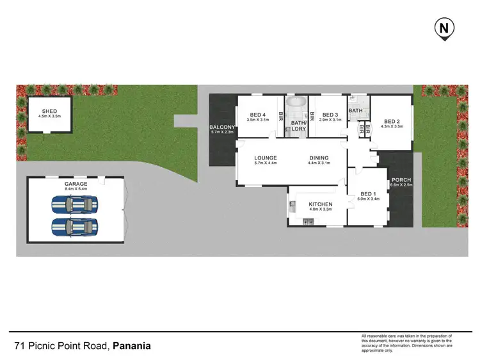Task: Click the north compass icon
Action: point(444,29)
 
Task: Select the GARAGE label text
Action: point(76,183)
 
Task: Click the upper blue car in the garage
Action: point(75,205)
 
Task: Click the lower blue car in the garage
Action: point(75,227)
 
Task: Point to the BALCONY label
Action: point(223,127)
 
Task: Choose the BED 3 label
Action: point(330,114)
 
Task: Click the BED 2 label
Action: point(392,120)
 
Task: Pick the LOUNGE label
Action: point(264,158)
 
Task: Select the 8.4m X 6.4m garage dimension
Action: point(76,189)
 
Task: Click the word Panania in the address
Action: point(132,346)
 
